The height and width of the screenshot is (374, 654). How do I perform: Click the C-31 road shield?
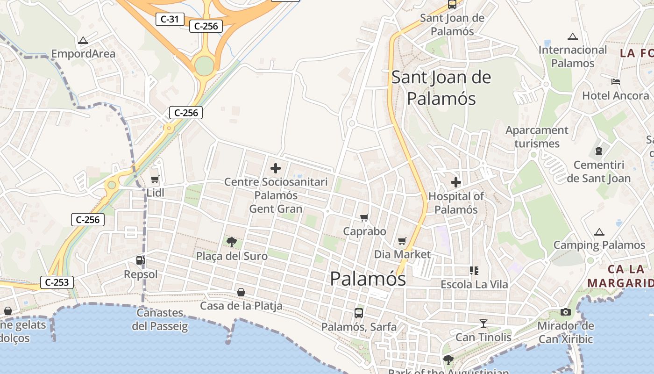tap(170, 19)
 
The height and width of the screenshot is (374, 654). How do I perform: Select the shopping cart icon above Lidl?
tap(155, 179)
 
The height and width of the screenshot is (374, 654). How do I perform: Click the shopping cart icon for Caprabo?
tap(364, 217)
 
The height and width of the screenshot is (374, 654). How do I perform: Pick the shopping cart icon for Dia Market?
tap(402, 241)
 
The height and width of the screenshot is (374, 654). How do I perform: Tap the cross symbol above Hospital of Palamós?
tap(456, 182)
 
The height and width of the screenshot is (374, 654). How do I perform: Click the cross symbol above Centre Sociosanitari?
tap(276, 168)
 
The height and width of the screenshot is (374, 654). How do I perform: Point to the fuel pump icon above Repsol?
tap(140, 260)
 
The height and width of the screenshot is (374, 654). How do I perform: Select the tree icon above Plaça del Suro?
tap(231, 242)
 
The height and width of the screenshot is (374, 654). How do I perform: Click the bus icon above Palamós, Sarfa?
tap(358, 313)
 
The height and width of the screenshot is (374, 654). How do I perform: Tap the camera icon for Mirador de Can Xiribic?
tap(566, 312)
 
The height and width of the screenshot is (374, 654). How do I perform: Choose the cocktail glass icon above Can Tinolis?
tap(483, 323)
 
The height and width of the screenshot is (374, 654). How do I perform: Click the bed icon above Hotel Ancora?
tap(616, 82)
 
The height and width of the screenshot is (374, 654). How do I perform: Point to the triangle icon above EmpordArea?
tap(83, 40)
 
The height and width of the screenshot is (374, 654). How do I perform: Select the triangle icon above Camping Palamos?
tap(599, 232)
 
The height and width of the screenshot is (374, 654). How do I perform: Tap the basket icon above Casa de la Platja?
tap(241, 292)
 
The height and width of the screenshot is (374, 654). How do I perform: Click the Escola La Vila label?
tap(474, 284)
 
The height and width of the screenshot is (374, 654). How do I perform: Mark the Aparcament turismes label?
tap(537, 137)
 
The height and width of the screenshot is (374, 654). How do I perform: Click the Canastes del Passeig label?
tap(160, 319)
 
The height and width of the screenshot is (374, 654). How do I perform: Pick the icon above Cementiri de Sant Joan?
tap(599, 151)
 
